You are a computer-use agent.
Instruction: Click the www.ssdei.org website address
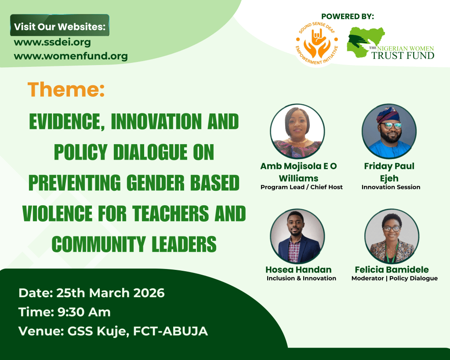tap(52, 42)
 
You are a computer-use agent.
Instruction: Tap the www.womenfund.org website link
tap(71, 56)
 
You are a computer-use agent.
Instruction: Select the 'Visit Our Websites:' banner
tap(60, 25)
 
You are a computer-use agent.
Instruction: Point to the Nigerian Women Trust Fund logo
tap(390, 44)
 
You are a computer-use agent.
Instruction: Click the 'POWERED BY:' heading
tap(348, 16)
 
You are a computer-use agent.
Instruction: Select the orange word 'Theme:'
tap(66, 90)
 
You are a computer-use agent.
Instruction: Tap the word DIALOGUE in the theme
tap(150, 152)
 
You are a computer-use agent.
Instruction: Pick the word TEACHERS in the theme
tap(171, 213)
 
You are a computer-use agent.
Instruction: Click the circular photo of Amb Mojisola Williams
tap(298, 131)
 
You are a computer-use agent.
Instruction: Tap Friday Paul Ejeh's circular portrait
tap(389, 131)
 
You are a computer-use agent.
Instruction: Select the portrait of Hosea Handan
tap(298, 236)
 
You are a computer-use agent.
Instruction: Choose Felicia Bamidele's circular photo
tap(392, 236)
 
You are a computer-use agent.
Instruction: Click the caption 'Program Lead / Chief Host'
tap(301, 187)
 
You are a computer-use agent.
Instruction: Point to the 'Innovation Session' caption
tap(391, 187)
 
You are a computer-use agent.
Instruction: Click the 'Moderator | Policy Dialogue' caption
tap(395, 278)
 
